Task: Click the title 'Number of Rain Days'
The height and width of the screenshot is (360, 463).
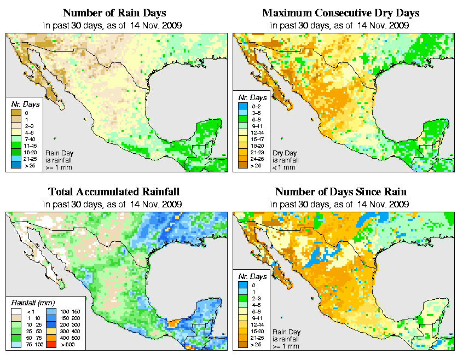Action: tap(113, 13)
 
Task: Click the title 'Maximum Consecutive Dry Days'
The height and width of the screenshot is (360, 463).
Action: tap(340, 13)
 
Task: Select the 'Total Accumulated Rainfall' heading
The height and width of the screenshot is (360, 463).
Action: tap(113, 192)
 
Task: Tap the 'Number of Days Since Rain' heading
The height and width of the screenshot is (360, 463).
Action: tap(340, 192)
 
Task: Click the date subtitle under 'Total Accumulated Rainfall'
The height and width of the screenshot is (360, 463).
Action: tap(113, 204)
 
